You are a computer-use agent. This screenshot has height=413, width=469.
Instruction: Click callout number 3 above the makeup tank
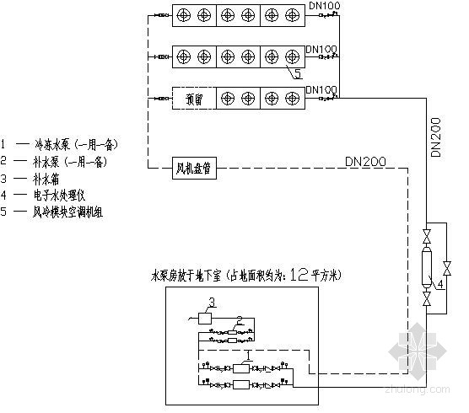coord(212,302)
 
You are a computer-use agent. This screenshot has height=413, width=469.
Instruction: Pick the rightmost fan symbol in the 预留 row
coord(292,99)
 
